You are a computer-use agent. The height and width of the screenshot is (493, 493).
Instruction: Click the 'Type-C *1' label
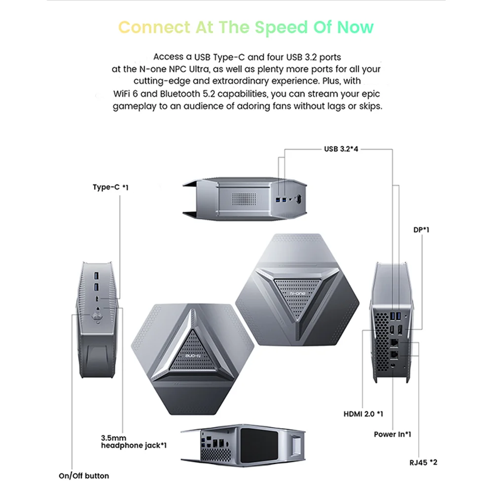(x=110, y=187)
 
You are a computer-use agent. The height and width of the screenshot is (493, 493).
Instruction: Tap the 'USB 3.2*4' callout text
(x=341, y=148)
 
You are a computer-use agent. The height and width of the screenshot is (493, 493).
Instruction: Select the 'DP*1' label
(x=421, y=229)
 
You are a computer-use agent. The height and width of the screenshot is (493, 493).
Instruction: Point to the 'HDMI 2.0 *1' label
(x=363, y=414)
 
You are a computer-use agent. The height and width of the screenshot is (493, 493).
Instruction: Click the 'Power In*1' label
(x=392, y=434)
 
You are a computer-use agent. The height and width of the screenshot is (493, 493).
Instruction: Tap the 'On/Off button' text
(x=84, y=476)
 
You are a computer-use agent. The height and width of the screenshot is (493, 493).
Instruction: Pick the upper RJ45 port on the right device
(x=394, y=341)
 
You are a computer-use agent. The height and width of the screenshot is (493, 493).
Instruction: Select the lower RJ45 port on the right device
(x=394, y=353)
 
